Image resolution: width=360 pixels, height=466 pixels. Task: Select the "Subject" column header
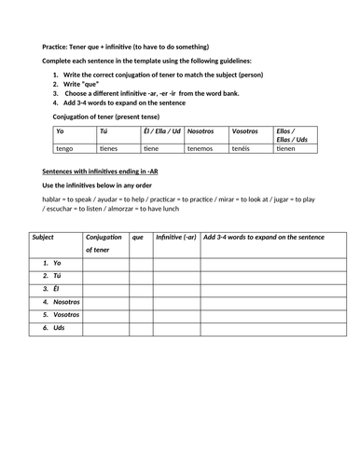click(x=44, y=238)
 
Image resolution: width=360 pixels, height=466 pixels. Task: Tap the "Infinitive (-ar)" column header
click(x=176, y=238)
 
